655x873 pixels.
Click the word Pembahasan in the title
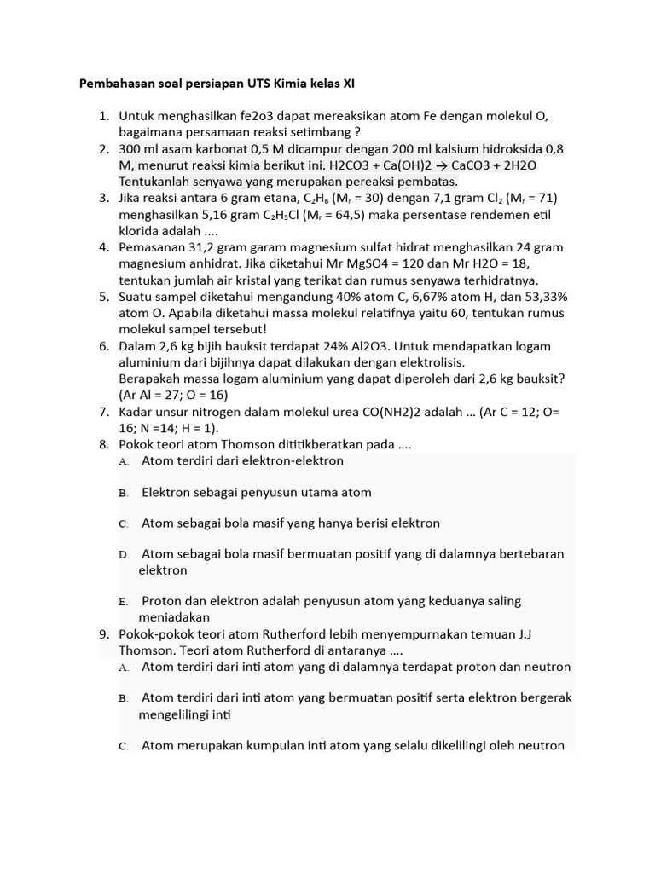114,84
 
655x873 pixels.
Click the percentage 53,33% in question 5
541,297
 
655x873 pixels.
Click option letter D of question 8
124,555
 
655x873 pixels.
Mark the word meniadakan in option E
174,616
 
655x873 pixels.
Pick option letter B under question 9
124,698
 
